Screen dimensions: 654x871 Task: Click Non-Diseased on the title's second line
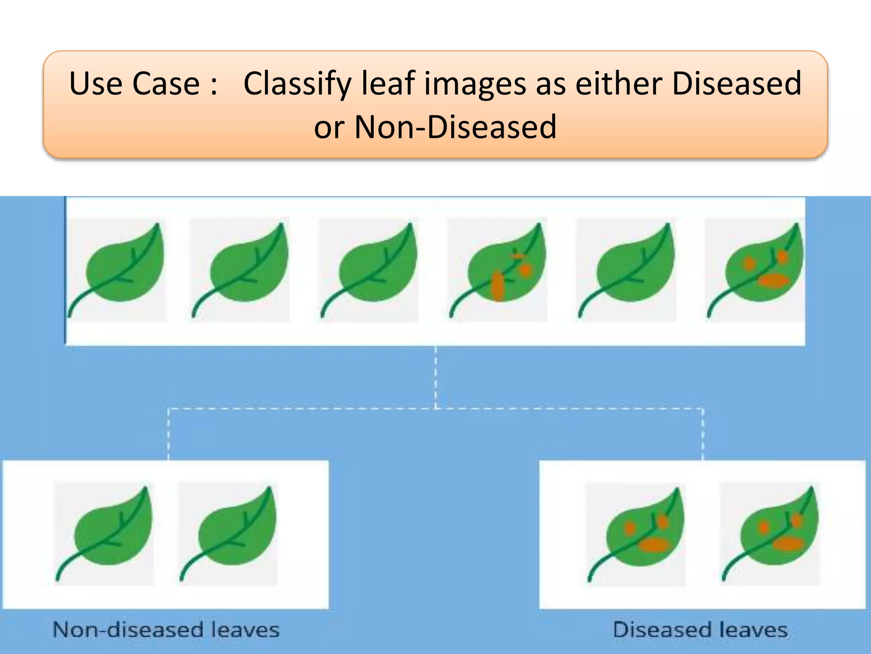455,127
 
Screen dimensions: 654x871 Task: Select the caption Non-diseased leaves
166,630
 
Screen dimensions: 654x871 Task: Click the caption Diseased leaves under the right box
700,630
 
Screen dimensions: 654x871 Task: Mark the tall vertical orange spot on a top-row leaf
497,287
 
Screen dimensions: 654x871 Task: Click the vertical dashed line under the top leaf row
435,377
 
